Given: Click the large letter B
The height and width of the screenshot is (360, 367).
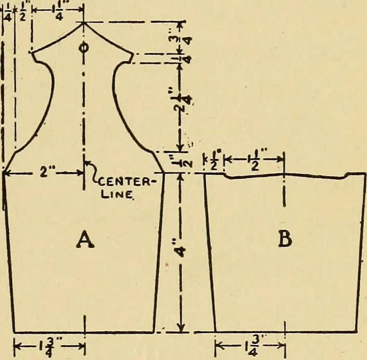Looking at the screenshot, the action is [x=285, y=239].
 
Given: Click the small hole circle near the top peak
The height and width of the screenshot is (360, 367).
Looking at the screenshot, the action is [x=83, y=48].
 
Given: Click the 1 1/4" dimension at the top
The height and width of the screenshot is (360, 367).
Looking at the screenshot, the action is [x=59, y=10].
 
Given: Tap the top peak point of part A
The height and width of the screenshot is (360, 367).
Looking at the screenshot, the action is [x=83, y=22].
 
